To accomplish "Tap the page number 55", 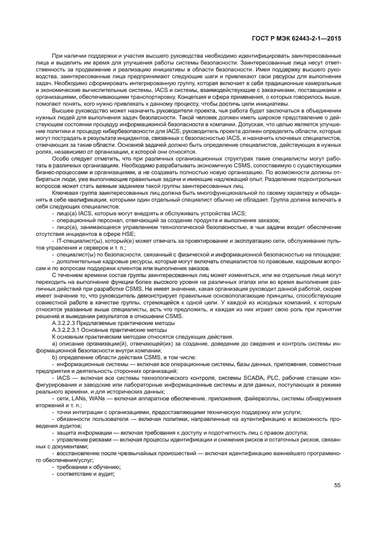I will (338, 486).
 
